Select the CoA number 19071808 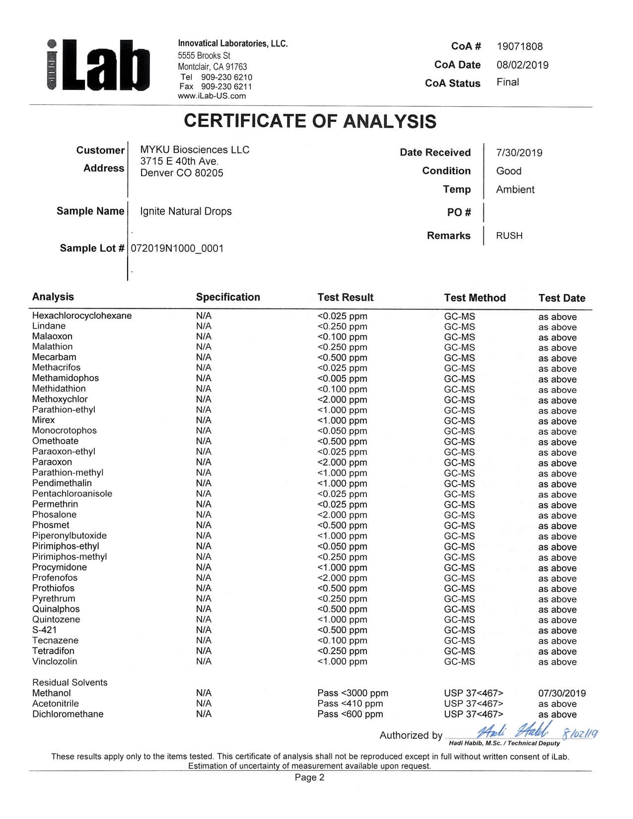point(520,47)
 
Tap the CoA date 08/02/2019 point(522,65)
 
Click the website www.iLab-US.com point(211,96)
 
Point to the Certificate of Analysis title point(310,121)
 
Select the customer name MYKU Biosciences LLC point(195,150)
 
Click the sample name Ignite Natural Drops point(186,211)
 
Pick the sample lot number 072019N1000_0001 point(177,248)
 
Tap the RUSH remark point(509,236)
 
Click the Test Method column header point(475,298)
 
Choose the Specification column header point(228,297)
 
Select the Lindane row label point(49,326)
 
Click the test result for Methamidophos point(342,379)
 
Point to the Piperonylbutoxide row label point(70,536)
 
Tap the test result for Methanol point(352,693)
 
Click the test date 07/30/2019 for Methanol point(562,693)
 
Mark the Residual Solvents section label point(70,682)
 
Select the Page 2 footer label point(309,777)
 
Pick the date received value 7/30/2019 point(519,153)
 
